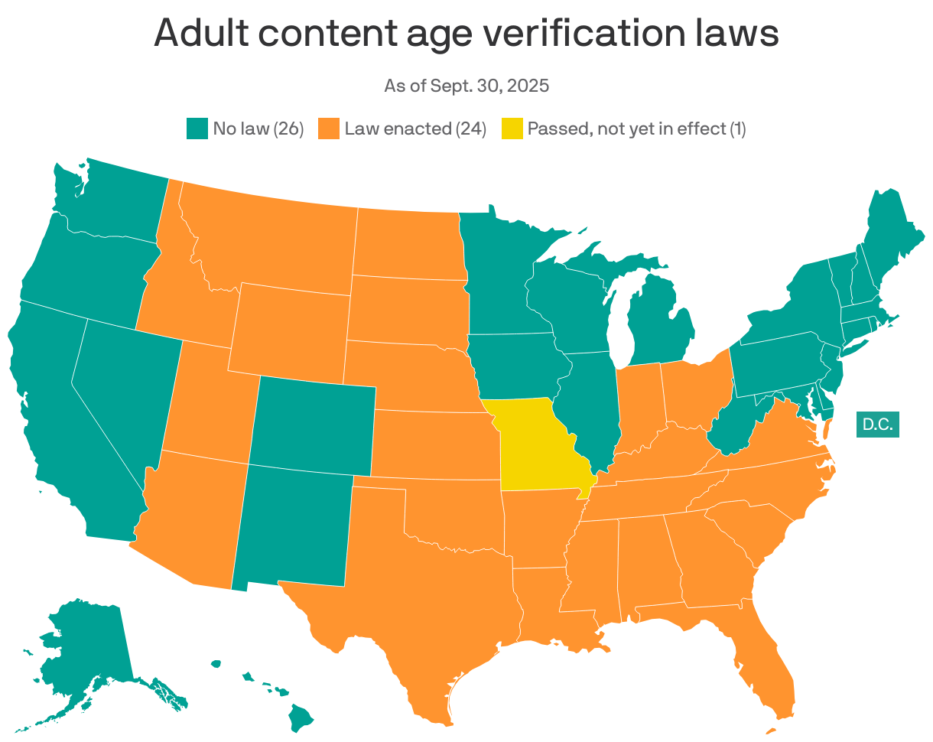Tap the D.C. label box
coord(877,424)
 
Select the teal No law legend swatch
coord(197,129)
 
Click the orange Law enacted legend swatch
coord(329,129)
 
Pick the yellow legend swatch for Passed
coord(512,129)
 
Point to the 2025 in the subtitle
coord(530,86)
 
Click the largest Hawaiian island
coord(301,717)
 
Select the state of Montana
coord(268,237)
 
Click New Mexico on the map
coord(294,528)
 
